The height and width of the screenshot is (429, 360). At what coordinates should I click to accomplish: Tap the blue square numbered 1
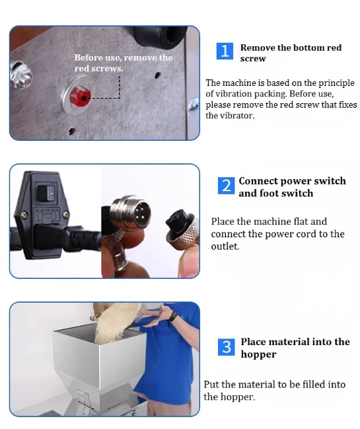(225, 51)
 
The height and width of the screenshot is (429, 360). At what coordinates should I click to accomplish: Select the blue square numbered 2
(226, 186)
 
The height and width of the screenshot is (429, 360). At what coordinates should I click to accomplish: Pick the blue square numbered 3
(226, 347)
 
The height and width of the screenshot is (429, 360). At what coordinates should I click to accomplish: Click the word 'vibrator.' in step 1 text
(230, 116)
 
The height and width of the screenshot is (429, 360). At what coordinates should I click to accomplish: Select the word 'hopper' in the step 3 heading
(258, 355)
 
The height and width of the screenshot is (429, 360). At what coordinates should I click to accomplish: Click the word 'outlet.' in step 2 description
(225, 247)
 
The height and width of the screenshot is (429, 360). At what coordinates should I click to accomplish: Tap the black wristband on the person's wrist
(173, 317)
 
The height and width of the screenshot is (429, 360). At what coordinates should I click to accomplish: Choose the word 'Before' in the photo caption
(89, 58)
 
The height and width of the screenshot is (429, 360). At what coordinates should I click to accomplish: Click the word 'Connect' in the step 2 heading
(258, 181)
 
